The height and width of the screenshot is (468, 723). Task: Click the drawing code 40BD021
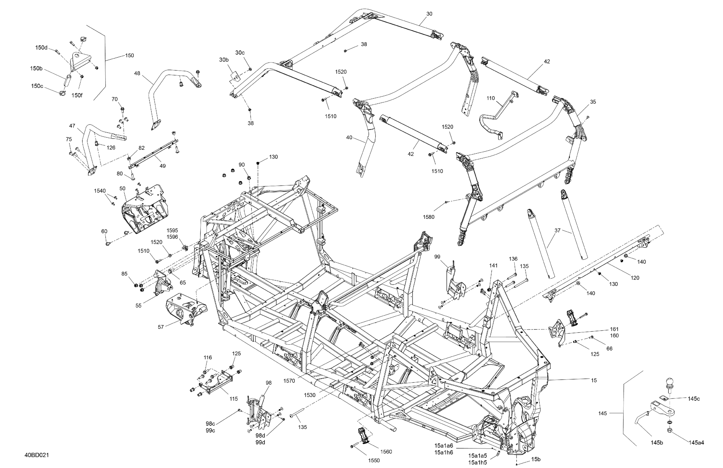[x=37, y=455]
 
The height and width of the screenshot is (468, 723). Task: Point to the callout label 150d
[x=41, y=47]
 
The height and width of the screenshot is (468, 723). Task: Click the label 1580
[x=429, y=217]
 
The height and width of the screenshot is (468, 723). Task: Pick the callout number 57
[x=161, y=327]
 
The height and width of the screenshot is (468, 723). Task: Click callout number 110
[x=491, y=98]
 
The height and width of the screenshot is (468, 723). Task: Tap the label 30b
[x=224, y=60]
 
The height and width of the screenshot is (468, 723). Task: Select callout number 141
[x=493, y=266]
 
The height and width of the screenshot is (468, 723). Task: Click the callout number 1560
[x=386, y=452]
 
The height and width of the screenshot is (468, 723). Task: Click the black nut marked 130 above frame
[x=258, y=163]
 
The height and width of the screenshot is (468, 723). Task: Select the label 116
[x=208, y=358]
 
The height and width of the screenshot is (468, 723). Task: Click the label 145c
[x=694, y=399]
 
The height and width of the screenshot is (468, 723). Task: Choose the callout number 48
[x=137, y=73]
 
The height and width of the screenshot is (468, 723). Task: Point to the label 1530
[x=309, y=395]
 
